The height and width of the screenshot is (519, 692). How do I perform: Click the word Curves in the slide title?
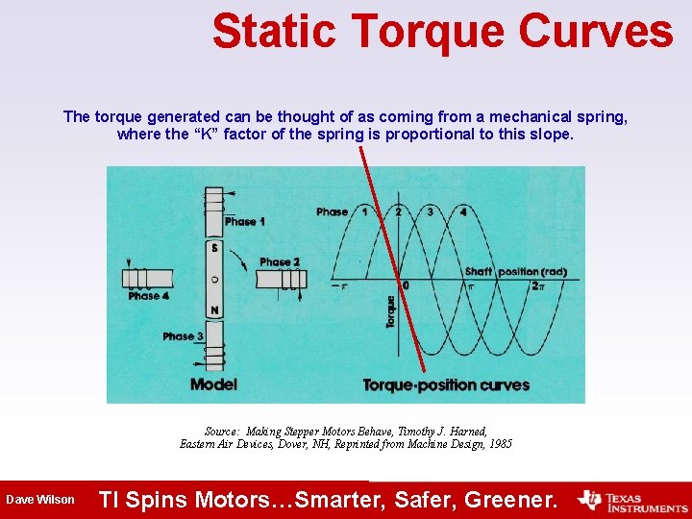(596, 31)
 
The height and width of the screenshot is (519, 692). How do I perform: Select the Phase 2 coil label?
(280, 261)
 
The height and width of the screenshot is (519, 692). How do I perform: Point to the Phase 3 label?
(183, 336)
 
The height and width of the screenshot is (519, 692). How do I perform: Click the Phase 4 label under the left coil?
(149, 296)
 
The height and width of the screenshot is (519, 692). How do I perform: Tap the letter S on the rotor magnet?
(214, 248)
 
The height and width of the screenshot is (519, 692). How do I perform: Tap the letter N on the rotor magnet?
(214, 309)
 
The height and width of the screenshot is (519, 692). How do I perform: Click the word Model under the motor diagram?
(213, 384)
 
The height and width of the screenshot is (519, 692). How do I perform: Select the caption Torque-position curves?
(446, 385)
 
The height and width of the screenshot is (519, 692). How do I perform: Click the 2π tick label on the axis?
(540, 285)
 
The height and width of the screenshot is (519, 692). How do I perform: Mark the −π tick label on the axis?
(337, 285)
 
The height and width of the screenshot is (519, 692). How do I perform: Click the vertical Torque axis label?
(390, 312)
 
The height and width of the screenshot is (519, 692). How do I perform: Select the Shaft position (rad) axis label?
(515, 271)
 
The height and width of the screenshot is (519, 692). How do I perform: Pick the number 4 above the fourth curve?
(463, 211)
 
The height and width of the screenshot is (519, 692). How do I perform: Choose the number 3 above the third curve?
(430, 211)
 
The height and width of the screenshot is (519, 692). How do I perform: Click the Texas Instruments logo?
(631, 500)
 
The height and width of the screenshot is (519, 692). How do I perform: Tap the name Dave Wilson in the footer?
(39, 500)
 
